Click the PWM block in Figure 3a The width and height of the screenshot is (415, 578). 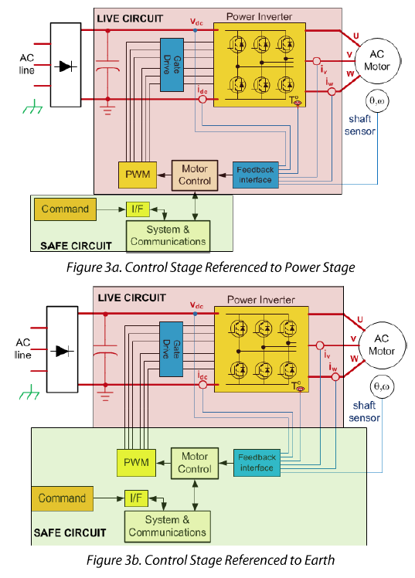(x=135, y=175)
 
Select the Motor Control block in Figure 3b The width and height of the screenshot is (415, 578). (x=195, y=463)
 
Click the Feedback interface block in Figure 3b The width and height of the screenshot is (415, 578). (x=256, y=462)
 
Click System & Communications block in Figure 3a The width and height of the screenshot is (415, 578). (x=168, y=235)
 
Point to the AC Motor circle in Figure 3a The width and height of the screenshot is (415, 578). (x=376, y=59)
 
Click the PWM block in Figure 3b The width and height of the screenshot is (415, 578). (x=135, y=463)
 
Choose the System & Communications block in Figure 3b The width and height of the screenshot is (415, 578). (x=168, y=525)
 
